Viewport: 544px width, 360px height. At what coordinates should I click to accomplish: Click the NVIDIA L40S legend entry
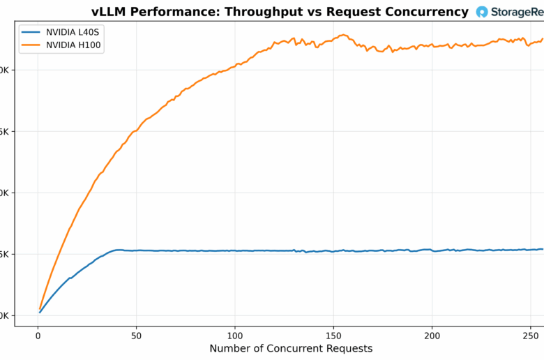pyautogui.click(x=68, y=32)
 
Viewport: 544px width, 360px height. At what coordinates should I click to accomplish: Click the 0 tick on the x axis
pyautogui.click(x=38, y=335)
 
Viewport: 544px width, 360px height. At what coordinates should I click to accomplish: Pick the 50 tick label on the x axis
pyautogui.click(x=137, y=335)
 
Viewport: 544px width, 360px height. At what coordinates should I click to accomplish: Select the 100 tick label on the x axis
pyautogui.click(x=235, y=335)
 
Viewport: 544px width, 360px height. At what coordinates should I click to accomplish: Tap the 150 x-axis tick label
pyautogui.click(x=333, y=335)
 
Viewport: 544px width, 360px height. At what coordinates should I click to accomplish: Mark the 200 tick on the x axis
pyautogui.click(x=432, y=335)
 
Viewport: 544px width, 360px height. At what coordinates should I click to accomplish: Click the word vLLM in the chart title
pyautogui.click(x=107, y=12)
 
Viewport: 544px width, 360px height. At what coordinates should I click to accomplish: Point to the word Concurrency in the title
pyautogui.click(x=426, y=12)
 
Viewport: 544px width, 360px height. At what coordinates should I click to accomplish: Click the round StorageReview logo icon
pyautogui.click(x=482, y=12)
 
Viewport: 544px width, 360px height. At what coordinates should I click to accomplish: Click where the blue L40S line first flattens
pyautogui.click(x=117, y=250)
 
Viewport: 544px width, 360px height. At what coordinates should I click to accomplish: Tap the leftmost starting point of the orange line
pyautogui.click(x=40, y=308)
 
